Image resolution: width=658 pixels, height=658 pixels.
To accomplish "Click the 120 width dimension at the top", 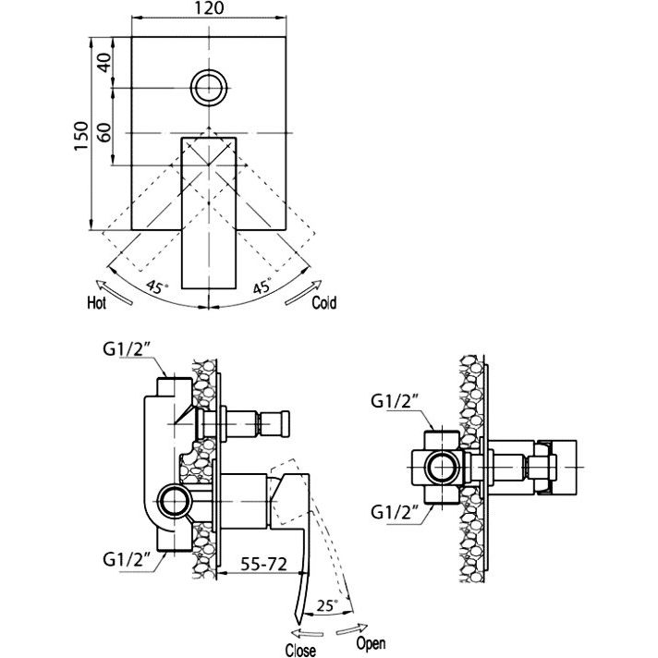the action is click(210, 8).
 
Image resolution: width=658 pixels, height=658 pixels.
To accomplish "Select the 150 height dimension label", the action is click(81, 136).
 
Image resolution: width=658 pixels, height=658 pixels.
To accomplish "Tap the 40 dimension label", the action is click(105, 63).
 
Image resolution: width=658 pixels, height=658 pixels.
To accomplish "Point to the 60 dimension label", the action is click(105, 132).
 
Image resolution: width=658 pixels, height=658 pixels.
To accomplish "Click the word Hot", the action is click(96, 302).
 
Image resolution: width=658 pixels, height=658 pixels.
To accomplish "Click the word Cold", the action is click(324, 302).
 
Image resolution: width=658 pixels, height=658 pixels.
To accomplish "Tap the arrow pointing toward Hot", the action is click(115, 291).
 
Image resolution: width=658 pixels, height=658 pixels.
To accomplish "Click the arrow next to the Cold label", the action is click(303, 292).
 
